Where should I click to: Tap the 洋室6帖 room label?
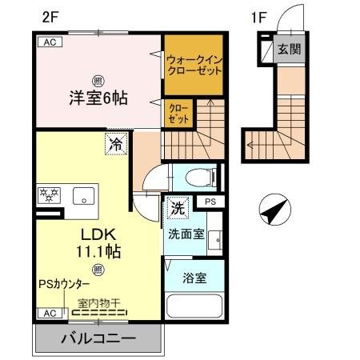click(97, 99)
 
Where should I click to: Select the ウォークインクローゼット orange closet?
click(193, 63)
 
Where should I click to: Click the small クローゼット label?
click(178, 113)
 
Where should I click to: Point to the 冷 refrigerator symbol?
click(115, 145)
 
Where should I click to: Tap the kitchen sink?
click(82, 194)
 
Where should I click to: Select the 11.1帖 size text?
click(98, 251)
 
